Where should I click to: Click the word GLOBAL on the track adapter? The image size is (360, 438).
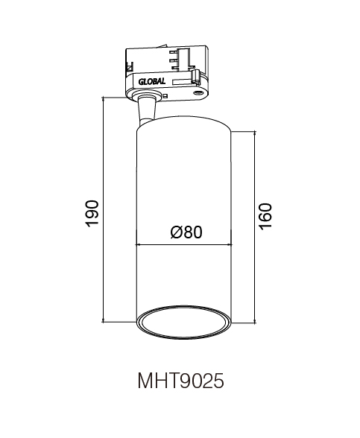152,82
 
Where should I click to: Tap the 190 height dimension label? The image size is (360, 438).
92,214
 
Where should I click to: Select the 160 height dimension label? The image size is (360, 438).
265,217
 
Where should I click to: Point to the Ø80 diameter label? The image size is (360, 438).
186,232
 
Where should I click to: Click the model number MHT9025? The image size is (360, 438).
180,381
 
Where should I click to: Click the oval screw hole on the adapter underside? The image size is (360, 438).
198,93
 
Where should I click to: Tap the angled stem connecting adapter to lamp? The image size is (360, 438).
146,109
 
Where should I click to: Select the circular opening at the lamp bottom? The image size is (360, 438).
183,323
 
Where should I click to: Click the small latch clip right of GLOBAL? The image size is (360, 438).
195,77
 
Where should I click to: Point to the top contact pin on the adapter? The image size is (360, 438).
174,51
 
